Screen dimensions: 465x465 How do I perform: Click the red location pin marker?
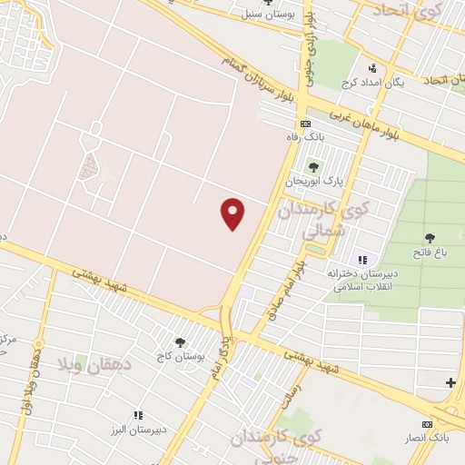tap(233, 213)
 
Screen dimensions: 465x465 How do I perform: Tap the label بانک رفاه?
tap(305, 136)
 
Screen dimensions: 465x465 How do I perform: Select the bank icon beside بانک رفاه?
tap(305, 124)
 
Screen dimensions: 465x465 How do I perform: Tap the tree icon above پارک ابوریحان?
tap(314, 166)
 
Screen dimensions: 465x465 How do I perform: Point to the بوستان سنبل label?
tap(260, 15)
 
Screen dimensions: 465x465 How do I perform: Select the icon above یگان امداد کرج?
tap(371, 67)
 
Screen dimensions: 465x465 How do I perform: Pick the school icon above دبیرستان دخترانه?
tap(362, 259)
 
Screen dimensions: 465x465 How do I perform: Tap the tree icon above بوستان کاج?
tap(179, 342)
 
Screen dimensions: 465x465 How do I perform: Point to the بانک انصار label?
tap(426, 438)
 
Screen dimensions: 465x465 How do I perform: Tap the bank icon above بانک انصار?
tap(427, 424)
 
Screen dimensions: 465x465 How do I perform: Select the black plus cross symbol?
tap(450, 383)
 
